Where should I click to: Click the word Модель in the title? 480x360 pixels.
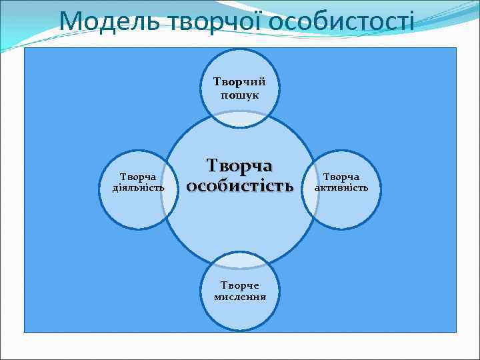coord(109,21)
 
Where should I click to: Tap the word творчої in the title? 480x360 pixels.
coord(213,21)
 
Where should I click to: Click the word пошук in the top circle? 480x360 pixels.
coord(239,95)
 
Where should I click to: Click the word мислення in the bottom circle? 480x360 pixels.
coord(240,297)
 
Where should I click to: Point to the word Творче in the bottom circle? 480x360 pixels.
coord(240,285)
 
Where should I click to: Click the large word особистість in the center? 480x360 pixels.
coord(239,186)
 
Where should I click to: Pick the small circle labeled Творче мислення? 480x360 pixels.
coord(239,313)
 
